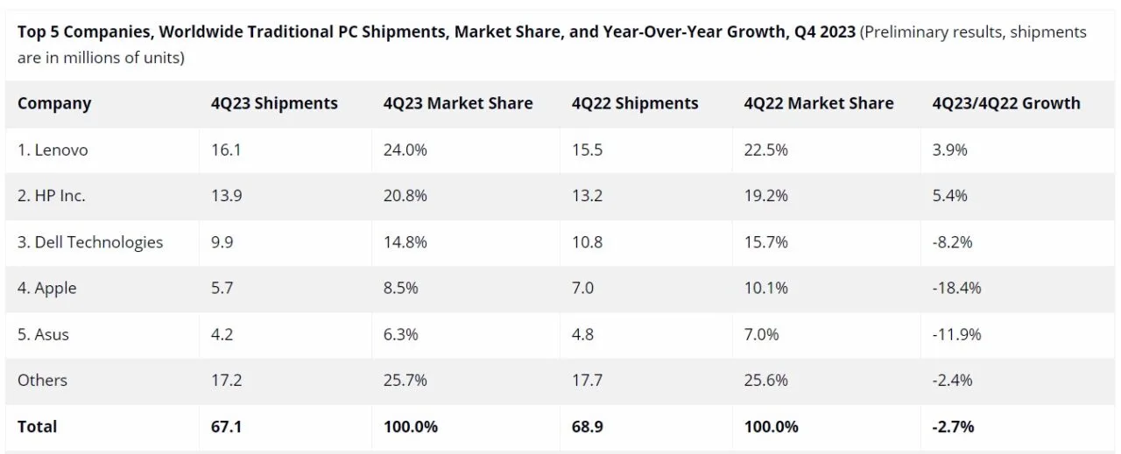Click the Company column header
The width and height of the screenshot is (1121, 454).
[54, 103]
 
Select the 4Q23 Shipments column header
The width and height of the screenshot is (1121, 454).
[274, 103]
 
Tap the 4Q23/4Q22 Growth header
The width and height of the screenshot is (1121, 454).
[1006, 103]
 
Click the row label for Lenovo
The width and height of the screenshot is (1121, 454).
[53, 150]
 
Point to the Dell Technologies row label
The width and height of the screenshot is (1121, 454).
[90, 241]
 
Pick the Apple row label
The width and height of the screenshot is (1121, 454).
[47, 288]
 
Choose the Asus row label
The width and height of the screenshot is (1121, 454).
[44, 334]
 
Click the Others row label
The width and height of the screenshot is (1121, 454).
[42, 380]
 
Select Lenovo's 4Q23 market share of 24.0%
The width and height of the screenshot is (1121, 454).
[405, 150]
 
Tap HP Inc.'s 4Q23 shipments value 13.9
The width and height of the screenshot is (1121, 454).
[226, 196]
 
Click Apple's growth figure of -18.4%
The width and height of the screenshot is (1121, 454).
[957, 288]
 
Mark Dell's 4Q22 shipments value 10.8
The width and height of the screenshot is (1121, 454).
[587, 241]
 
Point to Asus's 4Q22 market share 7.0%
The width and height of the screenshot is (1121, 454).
[761, 334]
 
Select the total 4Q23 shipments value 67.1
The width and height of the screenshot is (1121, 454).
[227, 426]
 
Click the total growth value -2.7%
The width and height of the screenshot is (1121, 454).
[954, 426]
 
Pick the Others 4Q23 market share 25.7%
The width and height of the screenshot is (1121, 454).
[405, 380]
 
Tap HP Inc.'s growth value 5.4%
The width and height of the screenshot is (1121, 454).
[950, 196]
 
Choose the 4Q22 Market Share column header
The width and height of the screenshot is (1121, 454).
[819, 103]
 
